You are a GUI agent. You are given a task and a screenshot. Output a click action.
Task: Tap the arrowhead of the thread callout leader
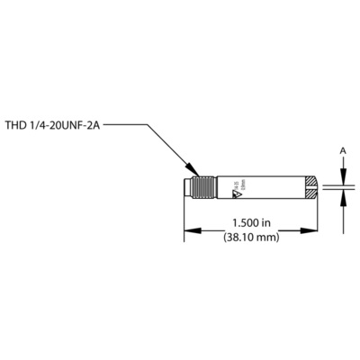(x=193, y=173)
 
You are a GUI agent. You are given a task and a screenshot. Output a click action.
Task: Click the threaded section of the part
(x=202, y=190)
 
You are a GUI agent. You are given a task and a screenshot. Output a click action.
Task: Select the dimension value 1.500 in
(x=251, y=222)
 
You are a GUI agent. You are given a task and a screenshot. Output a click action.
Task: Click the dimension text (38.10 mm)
(x=251, y=238)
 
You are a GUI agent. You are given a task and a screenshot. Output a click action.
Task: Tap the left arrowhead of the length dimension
(x=189, y=231)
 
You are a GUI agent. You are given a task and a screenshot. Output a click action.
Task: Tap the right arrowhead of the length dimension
(x=314, y=231)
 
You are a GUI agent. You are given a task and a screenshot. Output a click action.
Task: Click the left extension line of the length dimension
(x=185, y=220)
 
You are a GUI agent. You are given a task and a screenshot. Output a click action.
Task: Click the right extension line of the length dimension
(x=318, y=220)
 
